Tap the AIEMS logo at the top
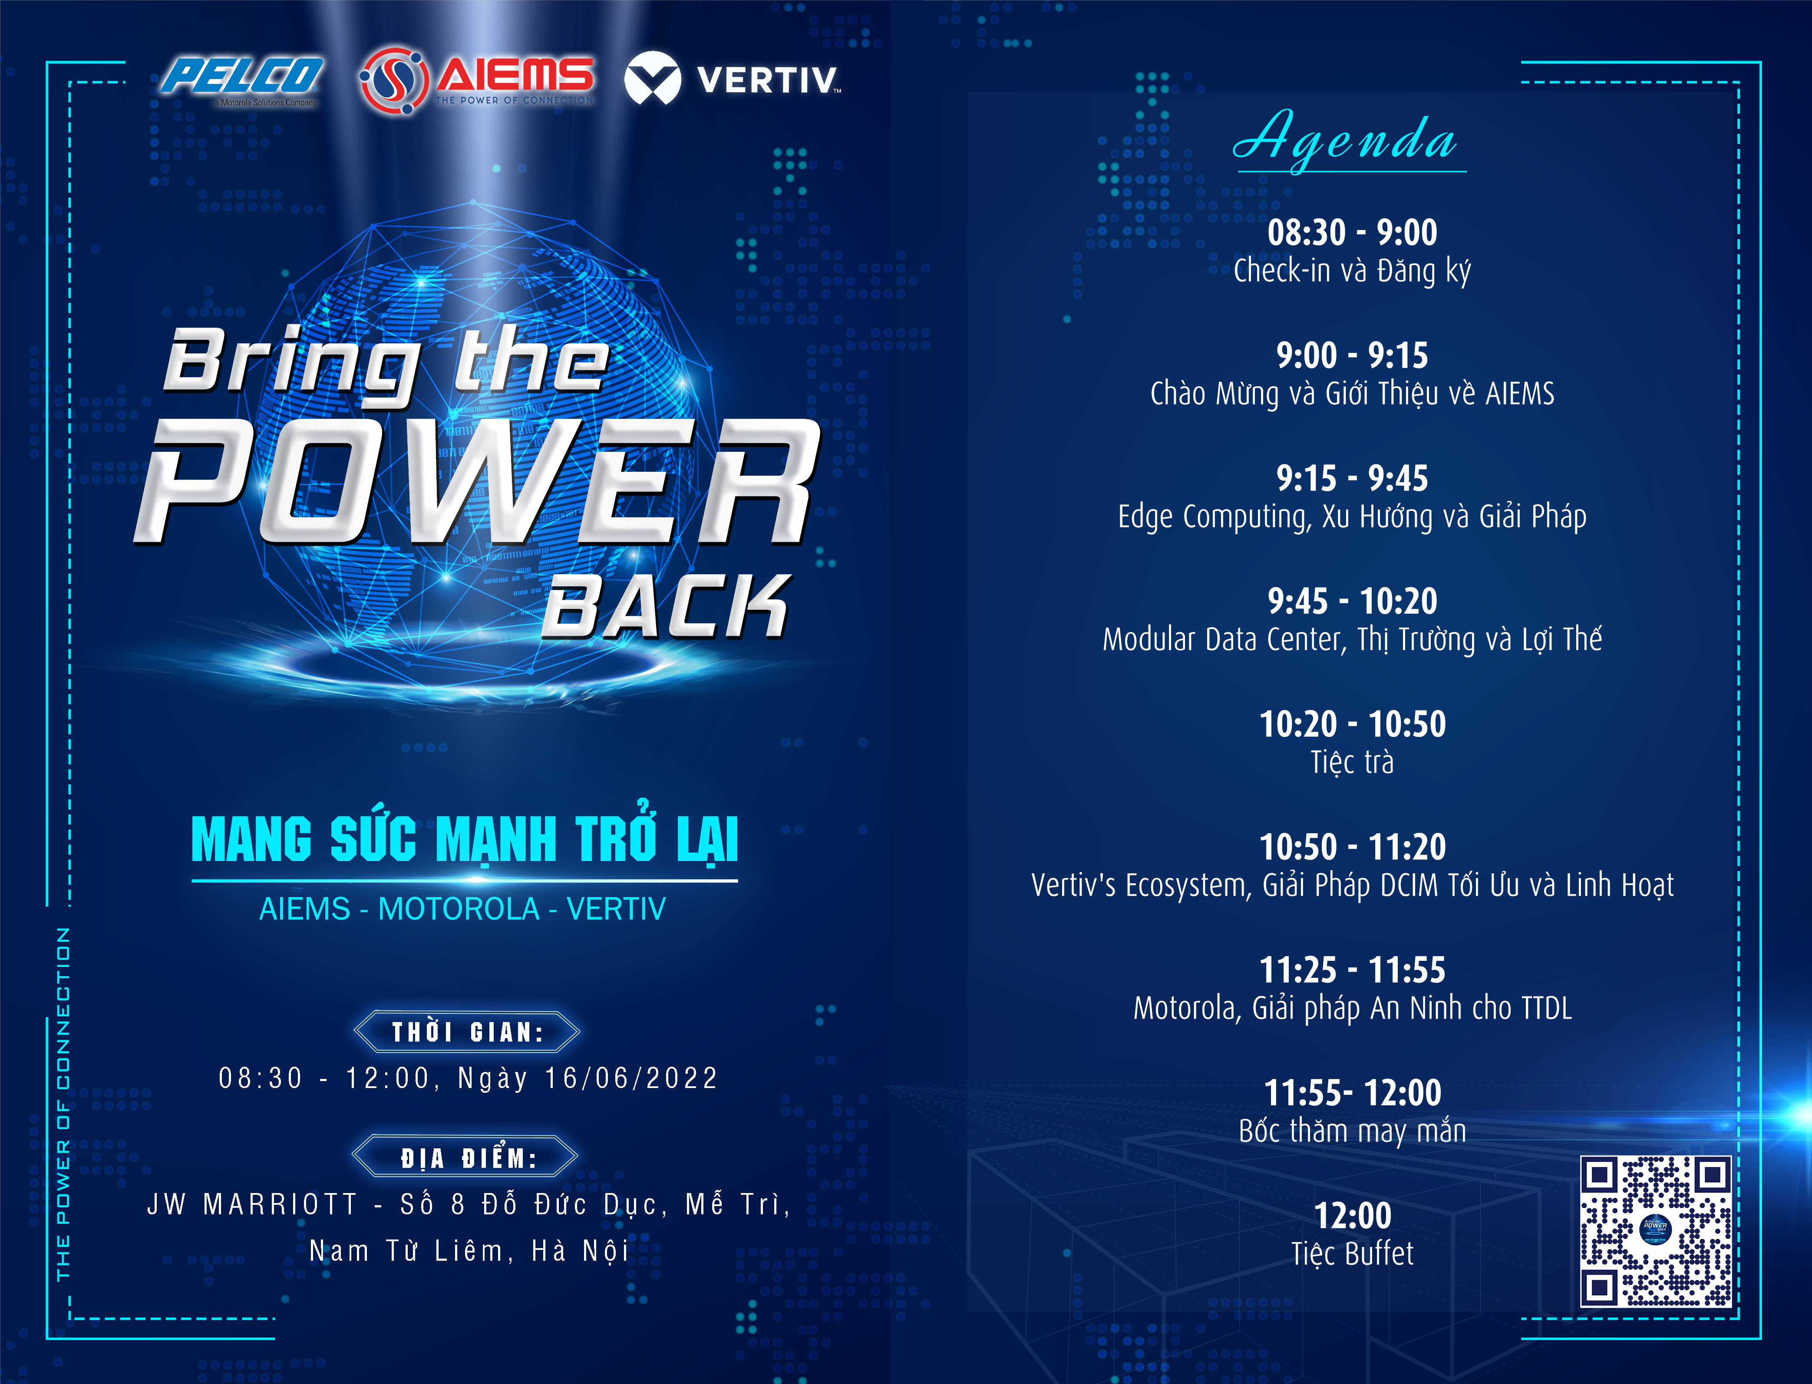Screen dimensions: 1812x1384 pyautogui.click(x=476, y=79)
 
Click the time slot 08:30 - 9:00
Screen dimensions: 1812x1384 pyautogui.click(x=1352, y=232)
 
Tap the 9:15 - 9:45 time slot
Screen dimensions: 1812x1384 pyautogui.click(x=1352, y=478)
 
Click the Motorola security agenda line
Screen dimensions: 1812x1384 pyautogui.click(x=1352, y=1008)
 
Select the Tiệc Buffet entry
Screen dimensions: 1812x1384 pyautogui.click(x=1352, y=1253)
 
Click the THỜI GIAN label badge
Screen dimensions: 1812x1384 pyautogui.click(x=467, y=1032)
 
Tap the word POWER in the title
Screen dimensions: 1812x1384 pyautogui.click(x=476, y=482)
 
